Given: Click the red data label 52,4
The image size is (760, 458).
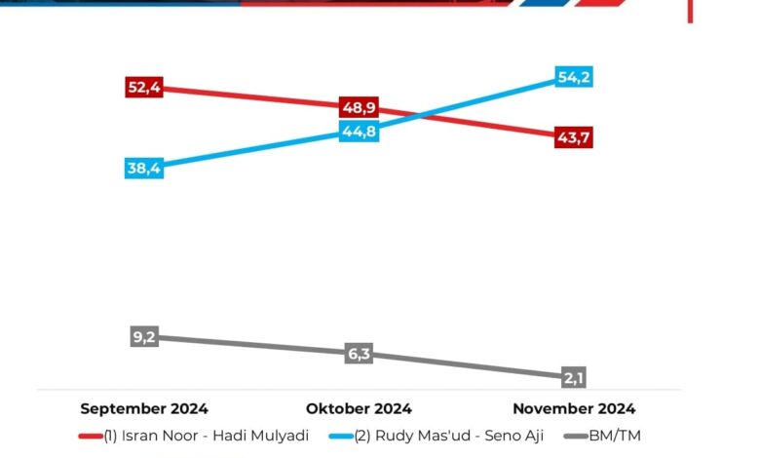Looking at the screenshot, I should pyautogui.click(x=144, y=88).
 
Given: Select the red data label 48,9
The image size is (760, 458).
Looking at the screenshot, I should pyautogui.click(x=359, y=107).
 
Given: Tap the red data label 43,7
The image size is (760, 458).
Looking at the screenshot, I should pyautogui.click(x=573, y=137).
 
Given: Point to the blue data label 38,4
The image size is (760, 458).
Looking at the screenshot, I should pyautogui.click(x=144, y=168).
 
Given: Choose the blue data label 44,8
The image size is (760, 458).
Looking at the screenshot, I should pyautogui.click(x=359, y=132).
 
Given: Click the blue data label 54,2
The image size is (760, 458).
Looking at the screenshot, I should pyautogui.click(x=573, y=77).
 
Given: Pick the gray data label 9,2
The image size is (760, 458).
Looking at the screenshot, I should pyautogui.click(x=144, y=337).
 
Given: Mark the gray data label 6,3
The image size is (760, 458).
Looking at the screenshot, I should pyautogui.click(x=359, y=354).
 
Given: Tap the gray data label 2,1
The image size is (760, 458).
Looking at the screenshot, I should pyautogui.click(x=573, y=377).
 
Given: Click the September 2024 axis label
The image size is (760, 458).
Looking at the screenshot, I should pyautogui.click(x=144, y=408).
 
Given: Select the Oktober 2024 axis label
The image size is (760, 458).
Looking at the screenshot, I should pyautogui.click(x=359, y=408).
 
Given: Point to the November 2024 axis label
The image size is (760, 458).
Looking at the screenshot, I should pyautogui.click(x=573, y=408).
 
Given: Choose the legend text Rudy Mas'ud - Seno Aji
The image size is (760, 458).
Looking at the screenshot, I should pyautogui.click(x=448, y=435).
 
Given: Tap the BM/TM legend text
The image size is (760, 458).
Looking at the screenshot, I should pyautogui.click(x=615, y=435).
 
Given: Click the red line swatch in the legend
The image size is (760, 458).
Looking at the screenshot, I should pyautogui.click(x=91, y=436).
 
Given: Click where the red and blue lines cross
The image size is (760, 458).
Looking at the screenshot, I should pyautogui.click(x=417, y=117).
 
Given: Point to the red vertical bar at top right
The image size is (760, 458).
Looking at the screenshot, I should pyautogui.click(x=690, y=11).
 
